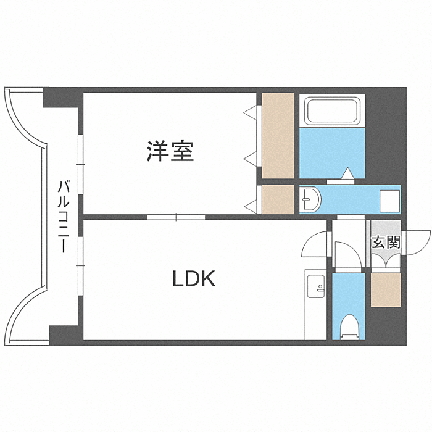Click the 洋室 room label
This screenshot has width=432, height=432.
pyautogui.click(x=170, y=151)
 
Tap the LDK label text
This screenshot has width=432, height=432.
pyautogui.click(x=193, y=280)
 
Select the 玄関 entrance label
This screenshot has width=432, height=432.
pyautogui.click(x=385, y=242)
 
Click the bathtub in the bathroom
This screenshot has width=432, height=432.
pyautogui.click(x=332, y=110)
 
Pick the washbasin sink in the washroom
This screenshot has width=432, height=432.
pyautogui.click(x=309, y=199)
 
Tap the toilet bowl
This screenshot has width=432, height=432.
pyautogui.click(x=349, y=325)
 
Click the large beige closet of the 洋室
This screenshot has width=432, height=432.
pyautogui.click(x=277, y=136)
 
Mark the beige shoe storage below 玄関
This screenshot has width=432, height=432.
pyautogui.click(x=386, y=289)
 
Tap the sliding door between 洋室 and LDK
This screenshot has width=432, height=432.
pyautogui.click(x=177, y=217)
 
